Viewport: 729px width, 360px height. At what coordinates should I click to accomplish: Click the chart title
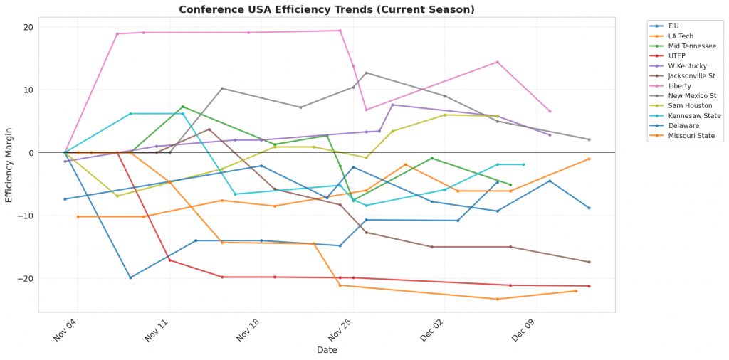point(326,9)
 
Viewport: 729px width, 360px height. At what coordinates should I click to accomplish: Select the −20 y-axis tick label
point(26,279)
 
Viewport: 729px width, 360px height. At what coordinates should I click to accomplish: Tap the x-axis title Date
point(327,350)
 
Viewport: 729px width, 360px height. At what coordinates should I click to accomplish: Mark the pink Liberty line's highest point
point(340,31)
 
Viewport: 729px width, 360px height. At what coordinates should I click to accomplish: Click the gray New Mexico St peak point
point(366,73)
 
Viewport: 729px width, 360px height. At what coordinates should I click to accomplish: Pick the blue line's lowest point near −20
point(130,277)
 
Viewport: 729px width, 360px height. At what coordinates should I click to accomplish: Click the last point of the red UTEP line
point(589,286)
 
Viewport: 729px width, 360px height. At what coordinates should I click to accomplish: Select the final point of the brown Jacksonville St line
point(589,262)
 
